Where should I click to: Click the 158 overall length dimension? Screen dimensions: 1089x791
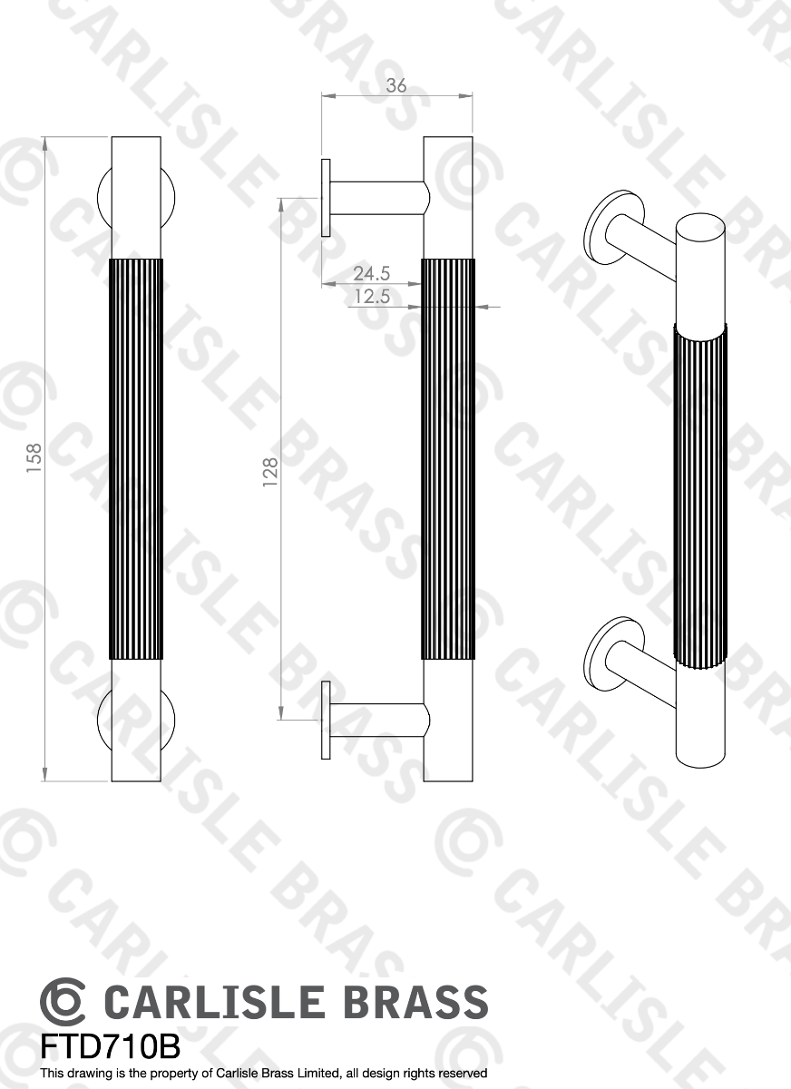point(34,460)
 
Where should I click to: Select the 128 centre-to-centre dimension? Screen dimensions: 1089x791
point(269,472)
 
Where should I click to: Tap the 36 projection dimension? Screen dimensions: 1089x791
point(396,86)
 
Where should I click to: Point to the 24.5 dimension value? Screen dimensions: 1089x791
point(372,273)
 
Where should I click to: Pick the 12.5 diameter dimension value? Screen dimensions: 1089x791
point(372,296)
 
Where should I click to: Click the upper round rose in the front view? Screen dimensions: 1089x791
point(102,196)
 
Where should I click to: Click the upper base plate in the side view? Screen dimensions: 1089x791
point(325,198)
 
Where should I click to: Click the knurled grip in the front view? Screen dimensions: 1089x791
point(136,458)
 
